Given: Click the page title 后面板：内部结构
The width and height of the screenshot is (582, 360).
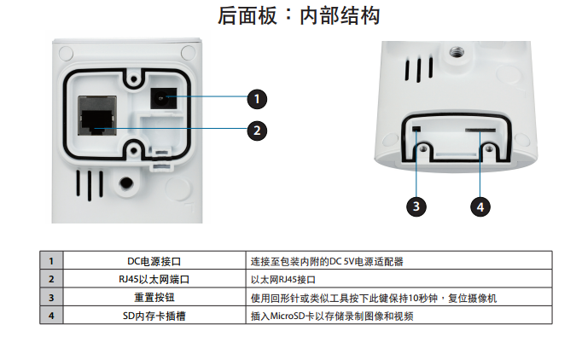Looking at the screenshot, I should click(291, 15).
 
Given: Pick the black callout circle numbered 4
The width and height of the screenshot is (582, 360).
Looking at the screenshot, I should click(480, 206).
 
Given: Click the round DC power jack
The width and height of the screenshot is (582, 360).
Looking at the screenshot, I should click(161, 98).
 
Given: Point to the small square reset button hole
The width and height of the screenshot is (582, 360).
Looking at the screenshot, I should click(416, 129).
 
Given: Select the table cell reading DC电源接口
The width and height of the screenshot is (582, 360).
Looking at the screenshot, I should click(154, 262).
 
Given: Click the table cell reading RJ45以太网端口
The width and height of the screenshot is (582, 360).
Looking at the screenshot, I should click(154, 280).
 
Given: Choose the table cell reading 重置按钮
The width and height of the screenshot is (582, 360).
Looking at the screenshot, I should click(154, 298).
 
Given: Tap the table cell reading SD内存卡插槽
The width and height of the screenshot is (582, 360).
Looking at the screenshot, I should click(154, 316).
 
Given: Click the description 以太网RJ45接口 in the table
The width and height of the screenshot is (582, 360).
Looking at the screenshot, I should click(283, 280).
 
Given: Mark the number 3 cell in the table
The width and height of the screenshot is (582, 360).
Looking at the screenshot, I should click(51, 298).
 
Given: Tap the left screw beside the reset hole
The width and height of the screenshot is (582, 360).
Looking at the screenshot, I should click(424, 151).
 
